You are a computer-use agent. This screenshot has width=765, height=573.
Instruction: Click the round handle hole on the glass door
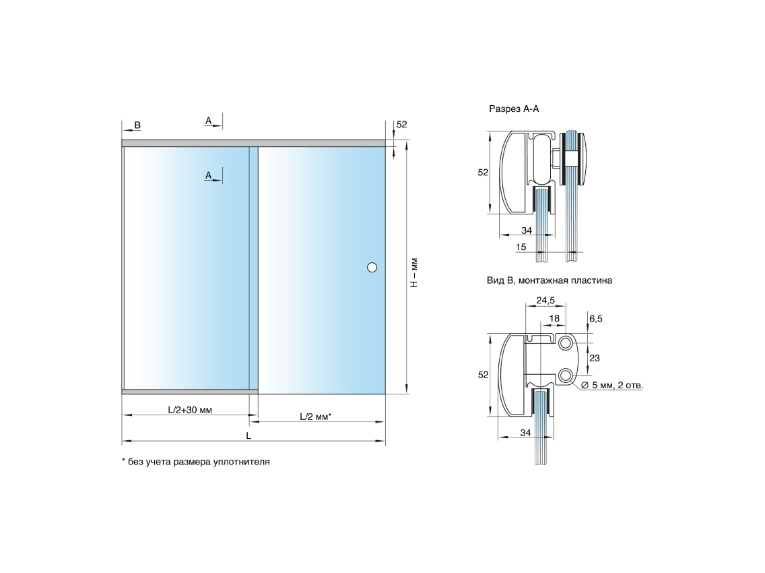click(x=372, y=267)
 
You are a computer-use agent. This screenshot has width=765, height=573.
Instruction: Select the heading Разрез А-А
click(x=514, y=109)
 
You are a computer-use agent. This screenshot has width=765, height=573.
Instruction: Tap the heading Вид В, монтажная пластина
click(x=549, y=281)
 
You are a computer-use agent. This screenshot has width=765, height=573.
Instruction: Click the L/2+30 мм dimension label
click(x=190, y=410)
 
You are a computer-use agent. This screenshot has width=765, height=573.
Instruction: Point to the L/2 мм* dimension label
click(x=316, y=417)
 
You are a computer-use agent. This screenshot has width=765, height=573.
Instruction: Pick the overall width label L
click(x=248, y=435)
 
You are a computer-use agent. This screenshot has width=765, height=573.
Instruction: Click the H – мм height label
click(x=414, y=272)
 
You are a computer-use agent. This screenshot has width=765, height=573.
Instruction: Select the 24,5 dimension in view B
click(x=545, y=300)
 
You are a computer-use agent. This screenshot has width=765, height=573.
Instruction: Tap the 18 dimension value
click(x=554, y=318)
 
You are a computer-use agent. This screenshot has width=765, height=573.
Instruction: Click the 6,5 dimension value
click(x=596, y=319)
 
